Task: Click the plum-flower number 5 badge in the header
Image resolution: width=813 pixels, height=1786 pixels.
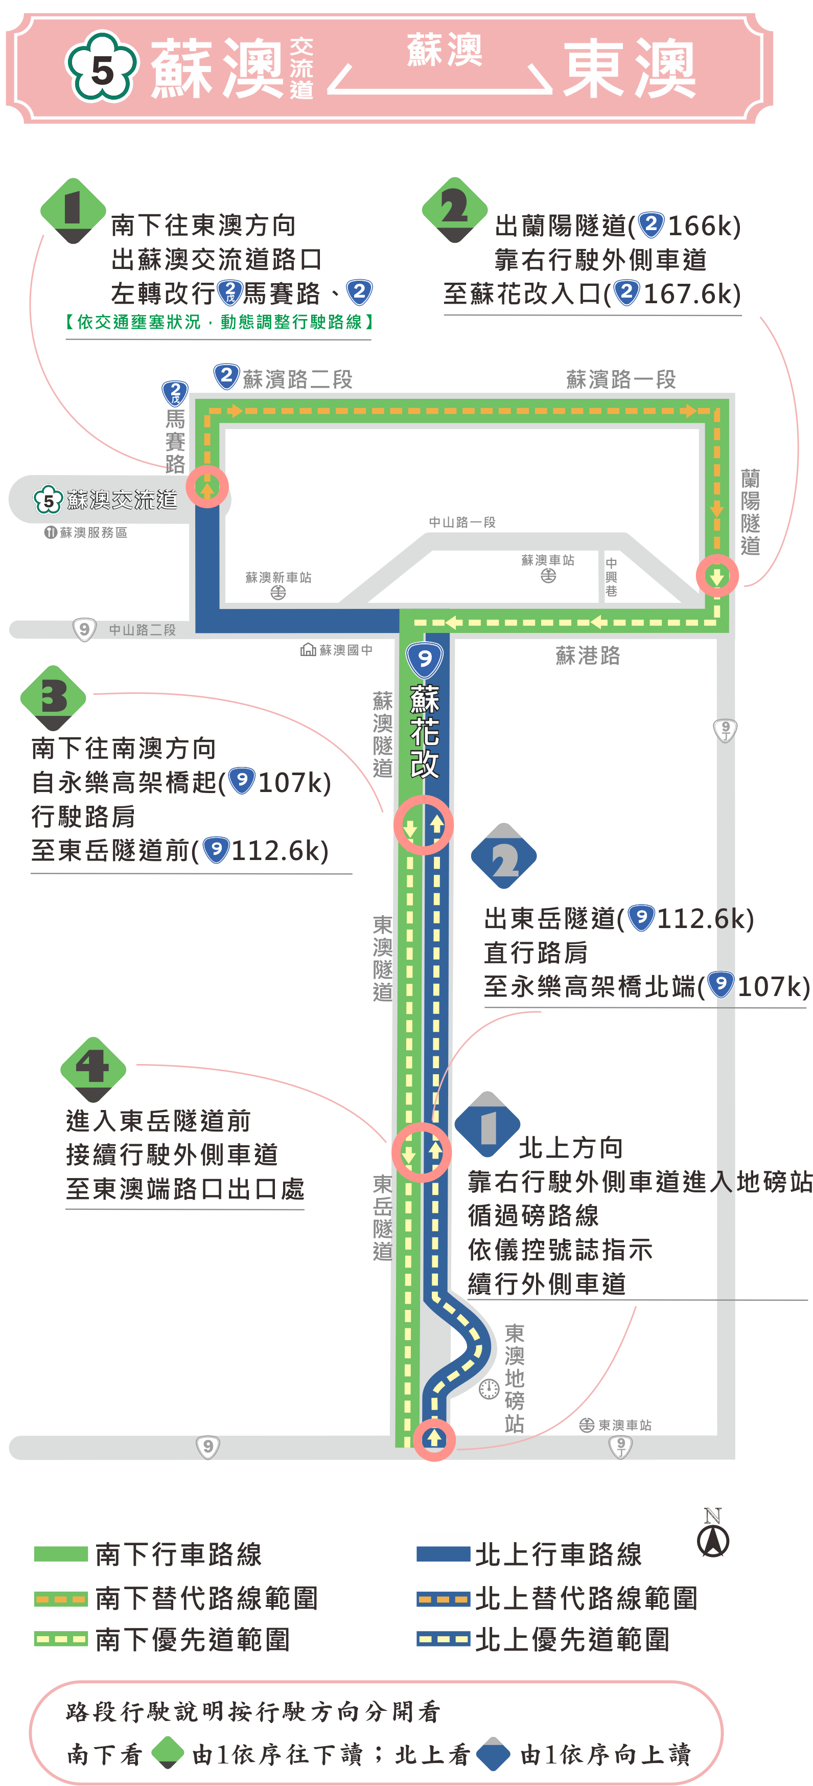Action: [x=102, y=68]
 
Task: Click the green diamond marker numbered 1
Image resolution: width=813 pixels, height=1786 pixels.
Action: [x=73, y=210]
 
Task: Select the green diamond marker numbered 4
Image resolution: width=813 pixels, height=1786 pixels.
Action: [x=93, y=1068]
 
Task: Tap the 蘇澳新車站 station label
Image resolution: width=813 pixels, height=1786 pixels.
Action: [x=278, y=578]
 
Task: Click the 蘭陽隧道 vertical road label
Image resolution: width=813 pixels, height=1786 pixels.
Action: [x=750, y=512]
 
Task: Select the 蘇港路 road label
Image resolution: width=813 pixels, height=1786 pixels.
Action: [x=588, y=655]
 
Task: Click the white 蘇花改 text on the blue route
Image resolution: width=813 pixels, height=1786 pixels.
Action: [x=424, y=732]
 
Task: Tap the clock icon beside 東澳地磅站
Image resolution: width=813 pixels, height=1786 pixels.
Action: [x=489, y=1389]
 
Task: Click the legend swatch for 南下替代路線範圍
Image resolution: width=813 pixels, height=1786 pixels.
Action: [x=61, y=1599]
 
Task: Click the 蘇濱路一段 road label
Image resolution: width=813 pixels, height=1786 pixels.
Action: [x=620, y=379]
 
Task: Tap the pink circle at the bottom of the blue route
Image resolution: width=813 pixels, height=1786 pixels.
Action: [x=434, y=1439]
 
